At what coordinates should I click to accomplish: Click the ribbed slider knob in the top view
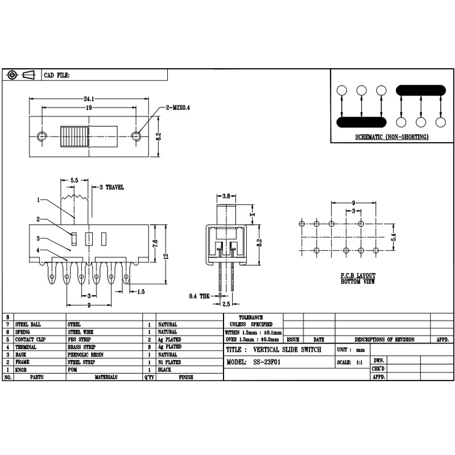[x=75, y=136]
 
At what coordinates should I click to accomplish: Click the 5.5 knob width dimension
[x=74, y=180]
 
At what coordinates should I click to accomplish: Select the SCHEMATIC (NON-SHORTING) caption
[x=391, y=138]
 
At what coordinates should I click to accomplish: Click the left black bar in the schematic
[x=361, y=122]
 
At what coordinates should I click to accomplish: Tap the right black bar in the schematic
[x=420, y=90]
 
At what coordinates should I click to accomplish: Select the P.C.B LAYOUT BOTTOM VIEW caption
[x=358, y=278]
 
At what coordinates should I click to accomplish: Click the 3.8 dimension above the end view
[x=225, y=196]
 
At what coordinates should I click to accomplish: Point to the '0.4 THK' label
[x=199, y=296]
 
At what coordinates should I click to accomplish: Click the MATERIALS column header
[x=106, y=377]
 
